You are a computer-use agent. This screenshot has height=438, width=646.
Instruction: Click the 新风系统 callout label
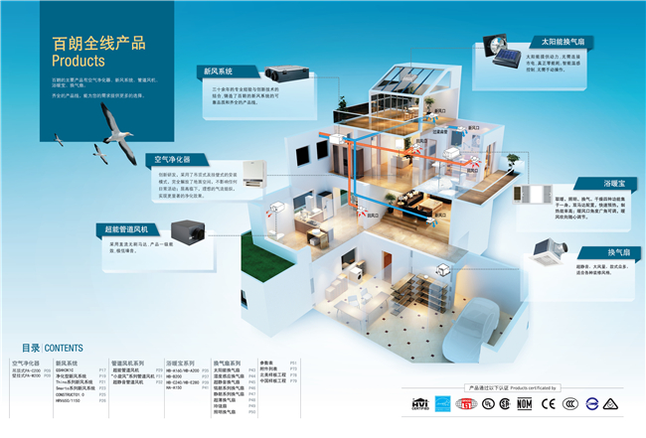click(x=220, y=73)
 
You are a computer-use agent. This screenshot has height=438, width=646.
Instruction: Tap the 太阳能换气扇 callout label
click(x=563, y=43)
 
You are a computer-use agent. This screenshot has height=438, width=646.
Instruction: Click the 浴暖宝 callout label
click(x=617, y=184)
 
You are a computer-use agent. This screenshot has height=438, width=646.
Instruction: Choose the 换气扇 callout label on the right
click(x=619, y=250)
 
